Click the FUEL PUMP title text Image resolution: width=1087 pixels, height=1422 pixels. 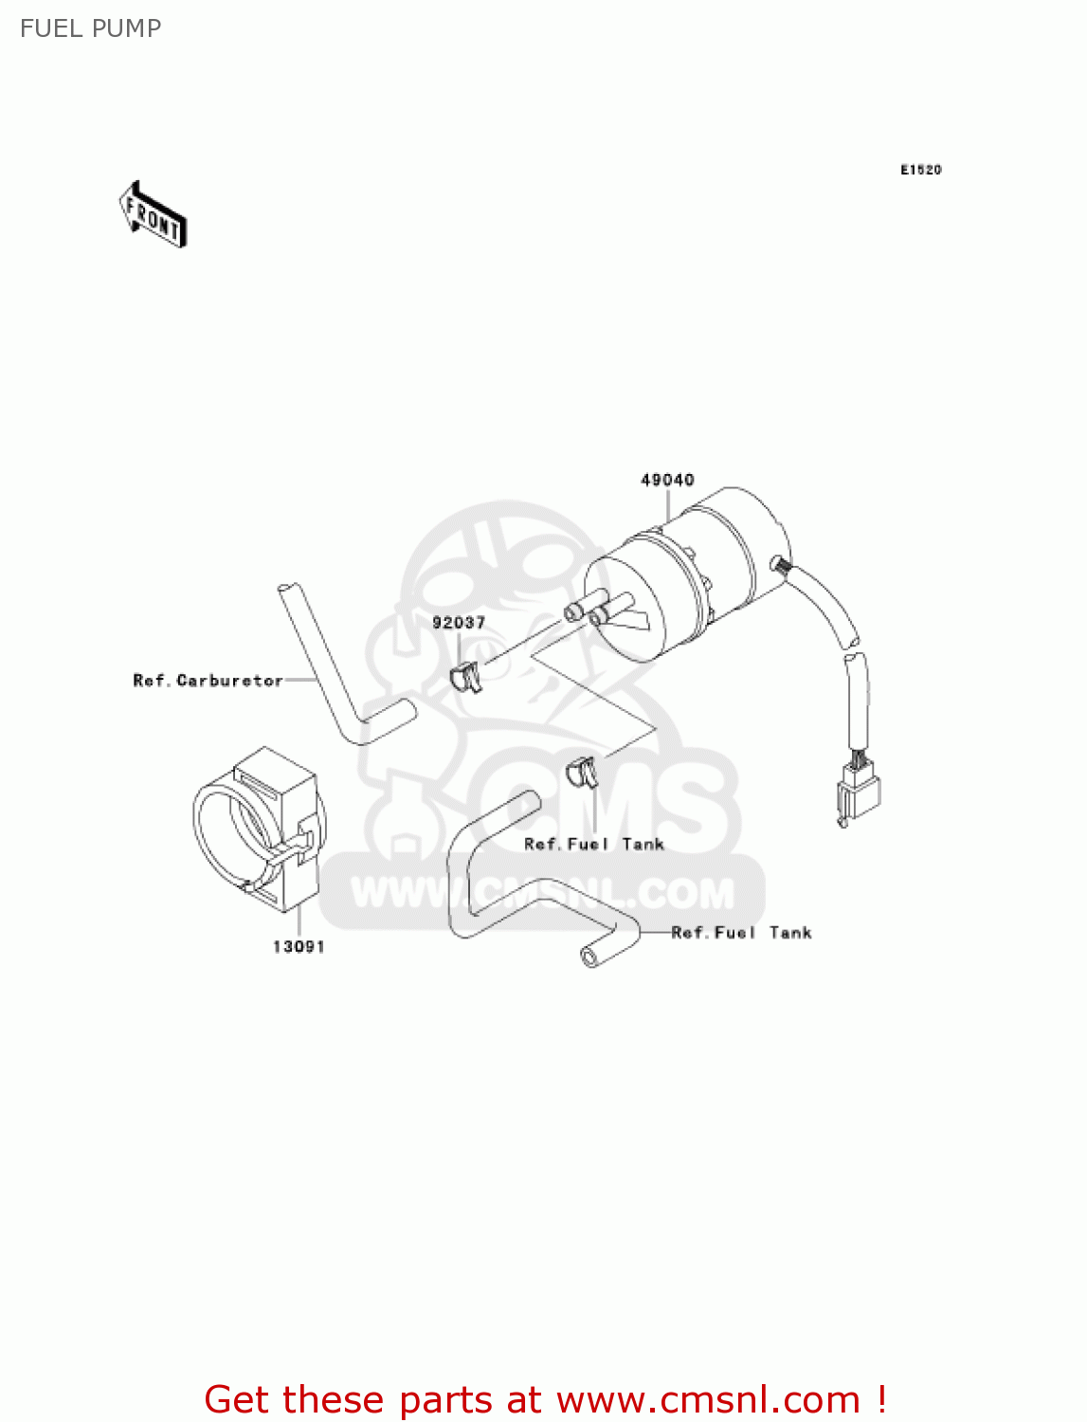(90, 28)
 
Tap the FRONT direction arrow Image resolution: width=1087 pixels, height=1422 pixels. (153, 215)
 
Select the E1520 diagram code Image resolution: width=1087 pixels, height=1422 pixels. (920, 170)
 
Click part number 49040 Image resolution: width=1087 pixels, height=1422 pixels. (667, 480)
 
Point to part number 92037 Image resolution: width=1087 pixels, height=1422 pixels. (459, 623)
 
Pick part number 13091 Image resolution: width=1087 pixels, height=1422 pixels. (299, 946)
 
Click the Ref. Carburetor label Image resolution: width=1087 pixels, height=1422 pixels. (208, 681)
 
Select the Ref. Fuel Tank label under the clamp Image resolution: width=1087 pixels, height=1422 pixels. (594, 844)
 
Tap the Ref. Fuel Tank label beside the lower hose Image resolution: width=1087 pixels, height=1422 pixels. (741, 933)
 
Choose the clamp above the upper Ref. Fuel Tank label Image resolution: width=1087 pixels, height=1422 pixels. (581, 772)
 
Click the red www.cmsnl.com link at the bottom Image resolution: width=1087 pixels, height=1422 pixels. (708, 1399)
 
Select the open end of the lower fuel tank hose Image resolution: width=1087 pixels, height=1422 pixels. (591, 957)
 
